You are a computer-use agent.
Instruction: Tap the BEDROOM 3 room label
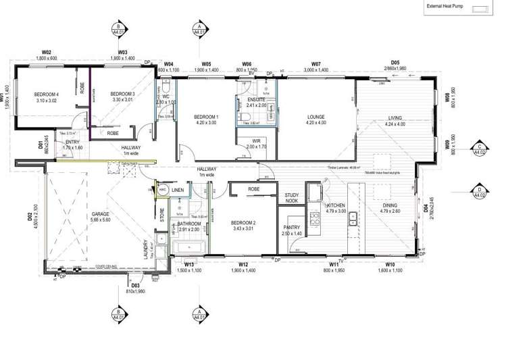122,94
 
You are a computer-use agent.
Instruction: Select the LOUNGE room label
316,116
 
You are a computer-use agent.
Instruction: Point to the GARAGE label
100,214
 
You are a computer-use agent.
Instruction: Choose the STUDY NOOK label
292,197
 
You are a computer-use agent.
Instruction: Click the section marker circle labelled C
479,148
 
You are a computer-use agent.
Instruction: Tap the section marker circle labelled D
479,190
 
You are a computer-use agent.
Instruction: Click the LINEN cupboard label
178,191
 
